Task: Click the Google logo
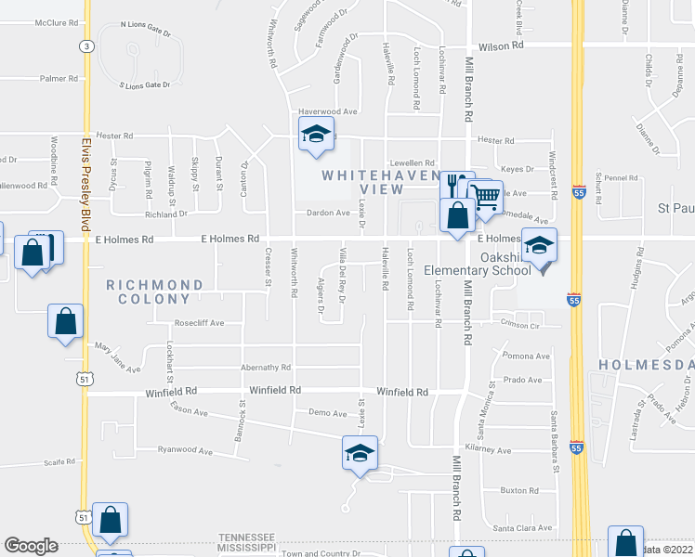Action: pos(31,546)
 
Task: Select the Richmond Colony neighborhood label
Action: pos(154,291)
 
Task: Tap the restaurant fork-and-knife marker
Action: pos(455,184)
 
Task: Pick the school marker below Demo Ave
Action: pos(360,453)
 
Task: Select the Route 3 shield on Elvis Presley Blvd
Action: pos(86,45)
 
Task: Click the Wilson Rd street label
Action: pos(501,45)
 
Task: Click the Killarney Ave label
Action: pos(489,449)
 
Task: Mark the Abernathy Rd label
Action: pos(266,367)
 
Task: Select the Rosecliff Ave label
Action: pos(200,323)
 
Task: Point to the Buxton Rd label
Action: pos(519,489)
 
